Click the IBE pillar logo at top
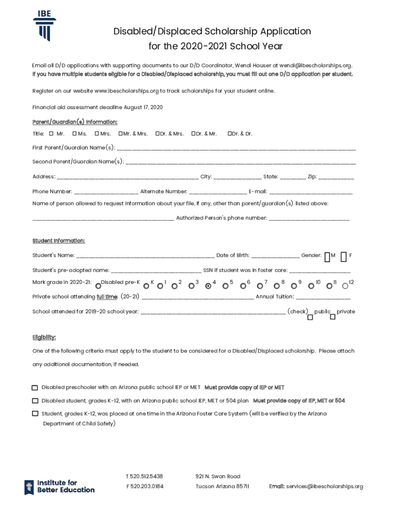click(x=45, y=25)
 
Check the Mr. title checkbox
click(x=51, y=134)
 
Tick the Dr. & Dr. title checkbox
click(x=229, y=134)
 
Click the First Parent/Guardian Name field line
click(x=236, y=149)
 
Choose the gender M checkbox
click(x=327, y=256)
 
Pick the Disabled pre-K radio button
click(x=98, y=286)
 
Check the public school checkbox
click(x=310, y=317)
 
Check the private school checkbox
click(x=333, y=317)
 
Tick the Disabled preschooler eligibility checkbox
click(x=35, y=388)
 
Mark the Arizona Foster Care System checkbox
click(x=35, y=414)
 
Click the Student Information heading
click(x=59, y=241)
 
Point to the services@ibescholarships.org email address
click(x=325, y=486)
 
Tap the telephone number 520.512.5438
click(x=147, y=476)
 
